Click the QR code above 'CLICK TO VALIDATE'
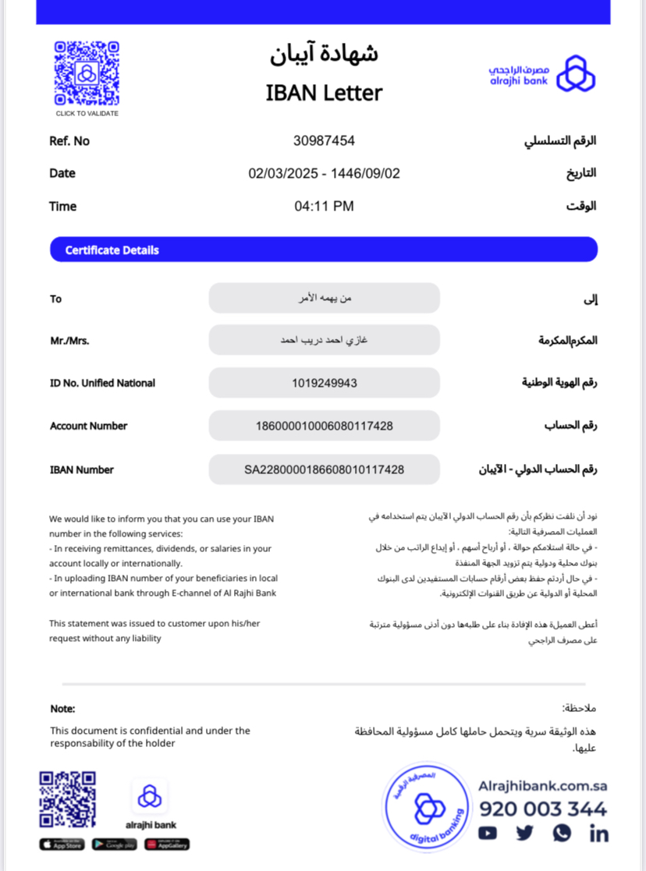click(87, 73)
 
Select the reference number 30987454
click(324, 141)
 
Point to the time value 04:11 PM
click(324, 207)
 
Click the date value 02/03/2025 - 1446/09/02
click(324, 173)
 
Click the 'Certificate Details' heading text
click(112, 250)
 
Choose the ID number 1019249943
click(324, 383)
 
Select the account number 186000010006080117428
click(324, 426)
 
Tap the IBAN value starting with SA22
click(324, 469)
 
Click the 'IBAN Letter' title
click(324, 93)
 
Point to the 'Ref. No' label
click(69, 141)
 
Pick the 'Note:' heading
click(62, 709)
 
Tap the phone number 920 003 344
click(543, 809)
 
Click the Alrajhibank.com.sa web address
click(542, 786)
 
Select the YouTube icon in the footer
click(488, 834)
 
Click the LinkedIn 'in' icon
click(599, 834)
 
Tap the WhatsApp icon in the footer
click(562, 834)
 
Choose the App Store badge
click(62, 844)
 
